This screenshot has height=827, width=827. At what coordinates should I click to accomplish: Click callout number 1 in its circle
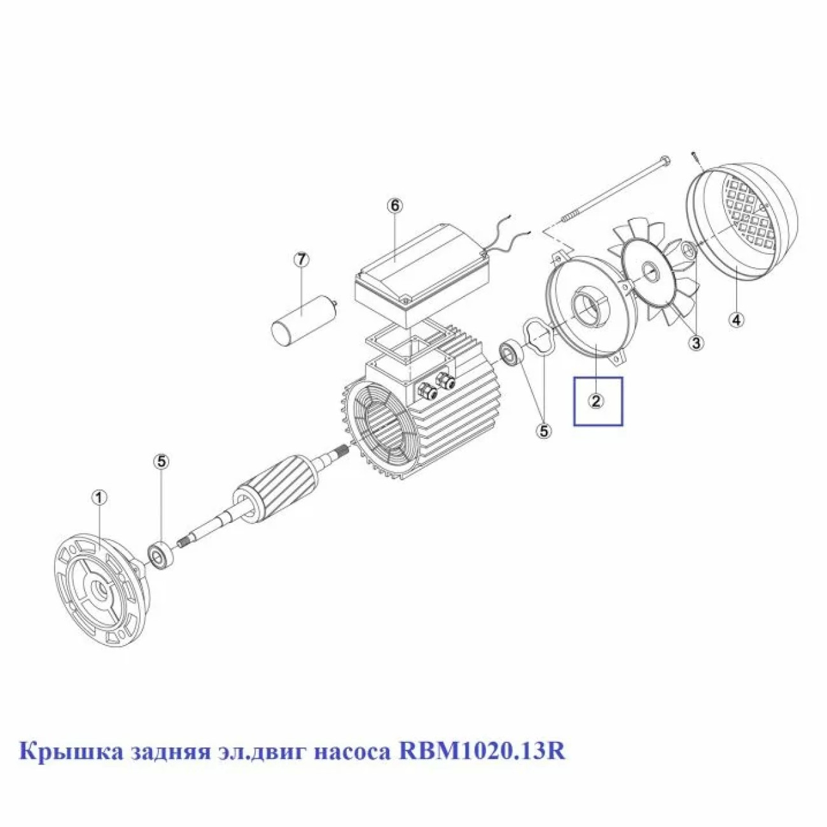click(x=100, y=498)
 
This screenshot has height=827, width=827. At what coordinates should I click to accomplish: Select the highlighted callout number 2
click(x=596, y=401)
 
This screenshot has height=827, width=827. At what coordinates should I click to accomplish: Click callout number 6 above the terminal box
click(x=395, y=206)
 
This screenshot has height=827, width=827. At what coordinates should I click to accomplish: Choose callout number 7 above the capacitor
click(x=302, y=260)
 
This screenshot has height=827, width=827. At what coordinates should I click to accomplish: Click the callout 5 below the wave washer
click(x=544, y=431)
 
